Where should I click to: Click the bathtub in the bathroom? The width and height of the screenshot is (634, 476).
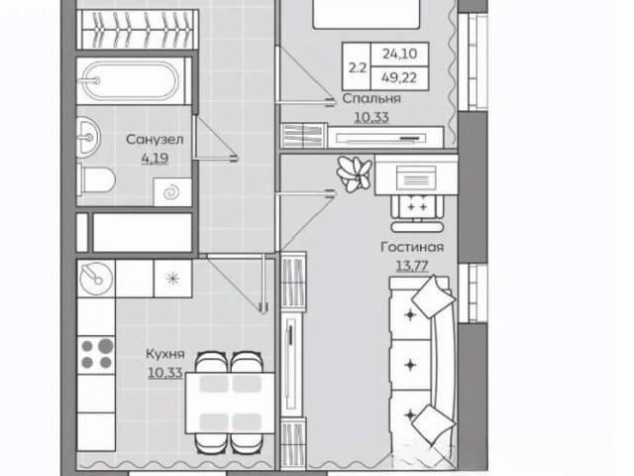(x=131, y=81)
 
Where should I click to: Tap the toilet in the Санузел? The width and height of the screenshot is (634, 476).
(x=97, y=179)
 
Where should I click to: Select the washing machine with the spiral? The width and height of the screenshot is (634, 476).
(x=172, y=191)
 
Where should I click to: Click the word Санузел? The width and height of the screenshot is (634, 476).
(x=155, y=139)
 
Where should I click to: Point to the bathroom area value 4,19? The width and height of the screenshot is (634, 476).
(x=155, y=159)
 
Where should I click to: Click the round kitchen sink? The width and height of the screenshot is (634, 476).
(x=96, y=279)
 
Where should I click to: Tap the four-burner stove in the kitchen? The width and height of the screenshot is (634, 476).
(x=96, y=353)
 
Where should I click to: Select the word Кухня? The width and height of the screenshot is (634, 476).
(x=165, y=354)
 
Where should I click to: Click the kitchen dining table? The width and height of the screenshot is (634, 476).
(x=229, y=403)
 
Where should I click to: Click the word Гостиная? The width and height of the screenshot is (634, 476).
(x=412, y=247)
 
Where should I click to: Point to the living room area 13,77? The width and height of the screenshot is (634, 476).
(x=412, y=266)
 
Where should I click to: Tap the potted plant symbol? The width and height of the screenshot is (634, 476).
(x=355, y=174)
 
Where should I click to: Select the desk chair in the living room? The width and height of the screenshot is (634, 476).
(x=417, y=212)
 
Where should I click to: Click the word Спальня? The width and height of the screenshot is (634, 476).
(x=371, y=98)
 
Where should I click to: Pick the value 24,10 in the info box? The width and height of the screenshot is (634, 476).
(x=399, y=54)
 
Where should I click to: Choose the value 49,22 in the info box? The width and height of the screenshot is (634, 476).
(x=399, y=77)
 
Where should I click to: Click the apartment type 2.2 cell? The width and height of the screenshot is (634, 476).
(x=357, y=66)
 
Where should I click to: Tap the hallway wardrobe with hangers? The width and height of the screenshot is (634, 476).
(x=137, y=31)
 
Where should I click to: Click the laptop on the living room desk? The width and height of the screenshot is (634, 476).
(x=416, y=178)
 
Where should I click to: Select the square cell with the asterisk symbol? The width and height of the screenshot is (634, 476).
(x=172, y=279)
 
